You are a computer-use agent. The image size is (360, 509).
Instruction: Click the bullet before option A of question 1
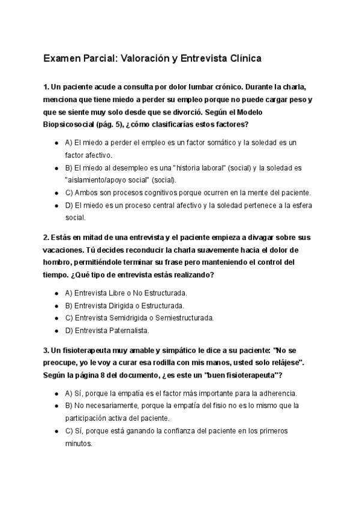pos(56,143)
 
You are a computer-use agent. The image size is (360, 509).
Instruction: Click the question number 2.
pos(46,238)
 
